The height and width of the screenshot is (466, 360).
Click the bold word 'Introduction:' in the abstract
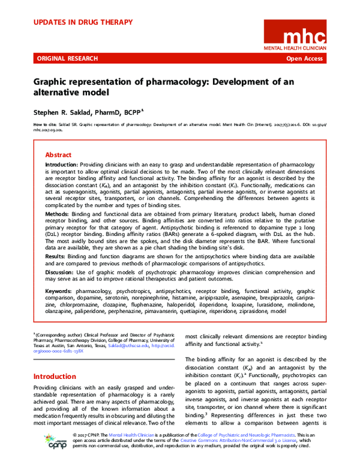[x=62, y=164]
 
